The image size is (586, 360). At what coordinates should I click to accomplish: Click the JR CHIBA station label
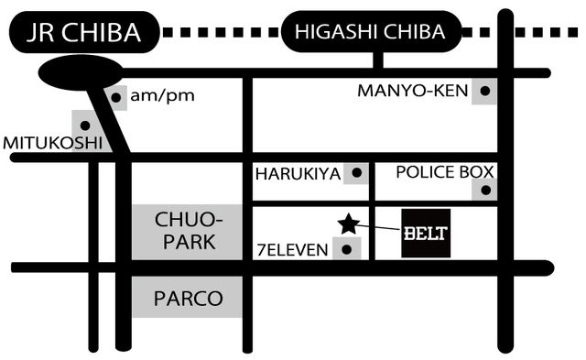pyautogui.click(x=84, y=33)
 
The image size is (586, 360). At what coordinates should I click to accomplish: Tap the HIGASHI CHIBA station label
pyautogui.click(x=371, y=32)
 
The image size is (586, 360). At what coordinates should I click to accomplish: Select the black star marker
pyautogui.click(x=348, y=224)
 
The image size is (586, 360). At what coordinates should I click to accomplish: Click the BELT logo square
pyautogui.click(x=426, y=234)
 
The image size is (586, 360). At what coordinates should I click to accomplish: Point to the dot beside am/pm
pyautogui.click(x=116, y=98)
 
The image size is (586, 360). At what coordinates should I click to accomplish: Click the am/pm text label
pyautogui.click(x=162, y=95)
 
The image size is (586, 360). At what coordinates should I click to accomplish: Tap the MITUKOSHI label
pyautogui.click(x=53, y=143)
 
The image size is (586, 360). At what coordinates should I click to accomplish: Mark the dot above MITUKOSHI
pyautogui.click(x=85, y=125)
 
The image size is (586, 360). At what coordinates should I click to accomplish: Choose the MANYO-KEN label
pyautogui.click(x=413, y=91)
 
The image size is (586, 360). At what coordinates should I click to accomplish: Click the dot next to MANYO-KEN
pyautogui.click(x=485, y=91)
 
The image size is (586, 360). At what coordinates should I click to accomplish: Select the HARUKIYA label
pyautogui.click(x=298, y=174)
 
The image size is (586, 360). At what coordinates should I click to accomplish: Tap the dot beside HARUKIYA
pyautogui.click(x=357, y=173)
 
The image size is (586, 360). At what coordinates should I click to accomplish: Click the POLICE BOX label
pyautogui.click(x=445, y=172)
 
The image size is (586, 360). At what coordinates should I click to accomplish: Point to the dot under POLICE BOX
pyautogui.click(x=486, y=191)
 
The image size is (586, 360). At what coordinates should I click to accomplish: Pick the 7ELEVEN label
pyautogui.click(x=293, y=250)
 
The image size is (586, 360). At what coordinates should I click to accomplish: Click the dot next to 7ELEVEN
pyautogui.click(x=347, y=249)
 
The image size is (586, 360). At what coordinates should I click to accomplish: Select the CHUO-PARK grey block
pyautogui.click(x=187, y=232)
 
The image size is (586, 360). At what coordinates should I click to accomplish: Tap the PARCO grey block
pyautogui.click(x=187, y=297)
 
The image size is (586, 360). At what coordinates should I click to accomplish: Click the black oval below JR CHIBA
pyautogui.click(x=81, y=72)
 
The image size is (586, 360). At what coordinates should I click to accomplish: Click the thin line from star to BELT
pyautogui.click(x=377, y=227)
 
